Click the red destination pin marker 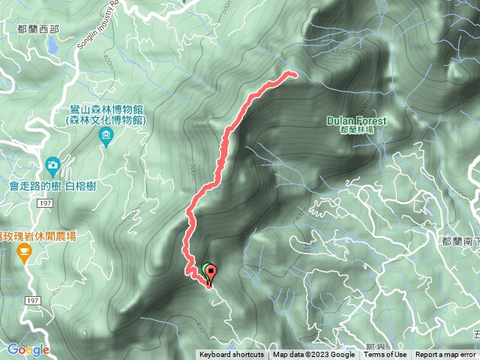[x=210, y=273]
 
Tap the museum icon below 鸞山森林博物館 [x=106, y=137]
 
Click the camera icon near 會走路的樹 [x=52, y=163]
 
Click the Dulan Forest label [x=357, y=121]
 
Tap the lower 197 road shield [x=31, y=300]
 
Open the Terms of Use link [x=385, y=355]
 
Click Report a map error [x=445, y=355]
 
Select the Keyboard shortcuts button [x=232, y=355]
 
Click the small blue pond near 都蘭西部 [x=52, y=45]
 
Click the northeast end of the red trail [x=292, y=73]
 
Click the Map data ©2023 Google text [x=313, y=355]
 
